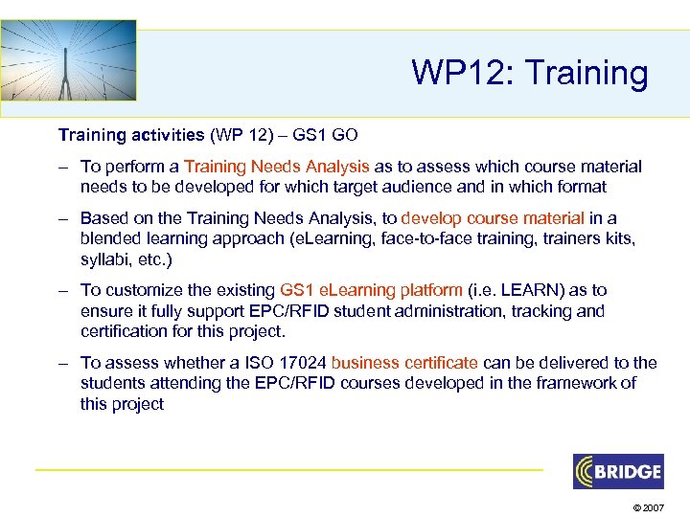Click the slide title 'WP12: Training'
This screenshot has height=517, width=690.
pyautogui.click(x=529, y=73)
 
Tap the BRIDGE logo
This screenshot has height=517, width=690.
pyautogui.click(x=618, y=471)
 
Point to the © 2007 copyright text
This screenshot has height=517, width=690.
pyautogui.click(x=648, y=505)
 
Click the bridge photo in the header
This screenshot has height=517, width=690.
pyautogui.click(x=69, y=59)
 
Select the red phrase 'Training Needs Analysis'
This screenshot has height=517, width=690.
pyautogui.click(x=277, y=167)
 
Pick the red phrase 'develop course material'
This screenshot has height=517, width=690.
pyautogui.click(x=494, y=218)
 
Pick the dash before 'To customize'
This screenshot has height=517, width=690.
pyautogui.click(x=62, y=289)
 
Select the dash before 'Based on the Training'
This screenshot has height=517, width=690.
pyautogui.click(x=62, y=218)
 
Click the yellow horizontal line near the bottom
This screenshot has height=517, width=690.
pyautogui.click(x=287, y=469)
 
